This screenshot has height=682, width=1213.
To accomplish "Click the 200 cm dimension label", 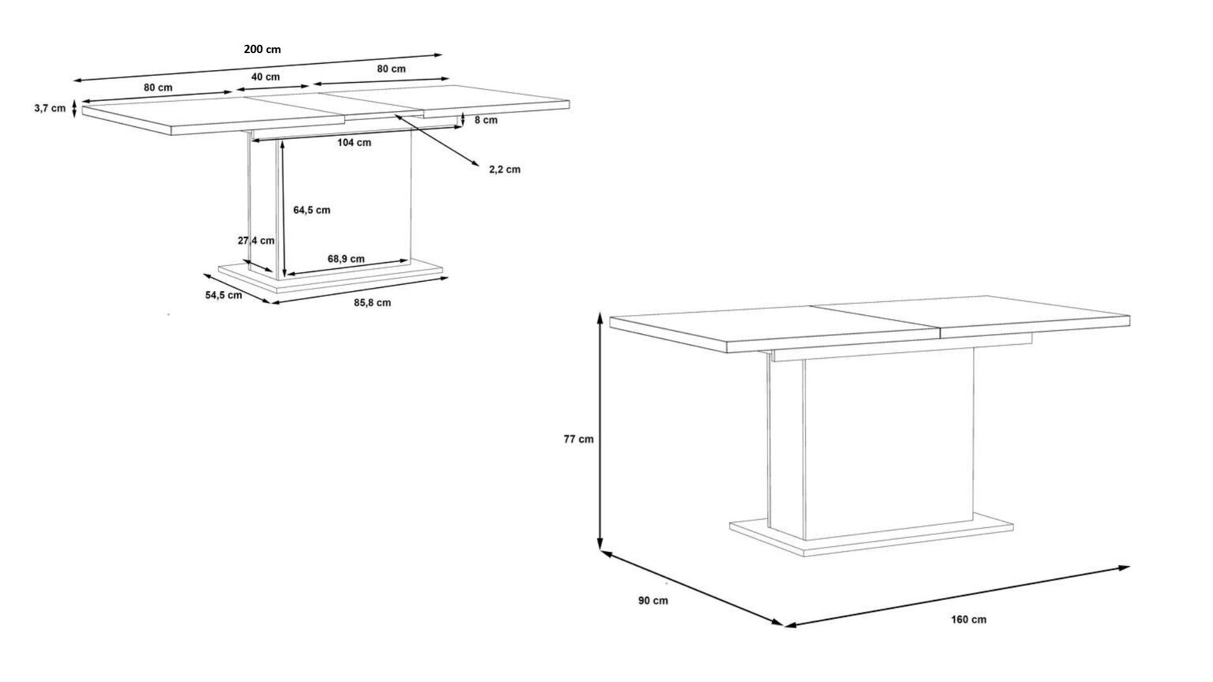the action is click(262, 49).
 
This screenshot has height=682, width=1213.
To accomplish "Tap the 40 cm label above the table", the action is click(265, 77).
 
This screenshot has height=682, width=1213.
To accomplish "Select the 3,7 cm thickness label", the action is click(50, 109).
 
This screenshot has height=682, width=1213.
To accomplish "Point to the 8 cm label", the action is click(486, 120).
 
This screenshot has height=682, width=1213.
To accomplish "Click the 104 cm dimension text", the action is click(354, 143).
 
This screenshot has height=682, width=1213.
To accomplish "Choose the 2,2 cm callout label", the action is click(505, 169).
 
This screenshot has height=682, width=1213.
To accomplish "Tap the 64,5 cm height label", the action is click(311, 210).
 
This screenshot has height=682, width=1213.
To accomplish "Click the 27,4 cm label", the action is click(256, 241).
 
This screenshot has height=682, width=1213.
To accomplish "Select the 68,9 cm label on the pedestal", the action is click(346, 259).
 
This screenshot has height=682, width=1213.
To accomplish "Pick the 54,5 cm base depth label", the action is click(224, 295).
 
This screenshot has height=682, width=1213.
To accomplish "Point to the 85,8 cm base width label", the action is click(372, 303).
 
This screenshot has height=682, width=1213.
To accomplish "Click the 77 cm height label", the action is click(579, 440).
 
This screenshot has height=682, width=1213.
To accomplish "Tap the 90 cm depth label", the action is click(653, 601).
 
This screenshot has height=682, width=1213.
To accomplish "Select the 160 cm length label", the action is click(969, 619).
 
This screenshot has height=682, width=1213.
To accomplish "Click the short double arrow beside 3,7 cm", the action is click(75, 109).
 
